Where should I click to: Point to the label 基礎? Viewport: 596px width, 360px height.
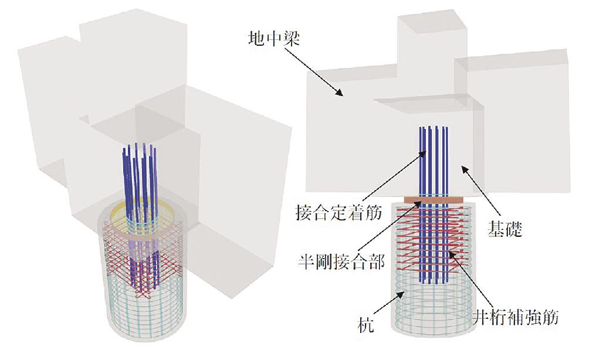click(504, 229)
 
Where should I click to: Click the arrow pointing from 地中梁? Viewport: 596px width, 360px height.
click(316, 74)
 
